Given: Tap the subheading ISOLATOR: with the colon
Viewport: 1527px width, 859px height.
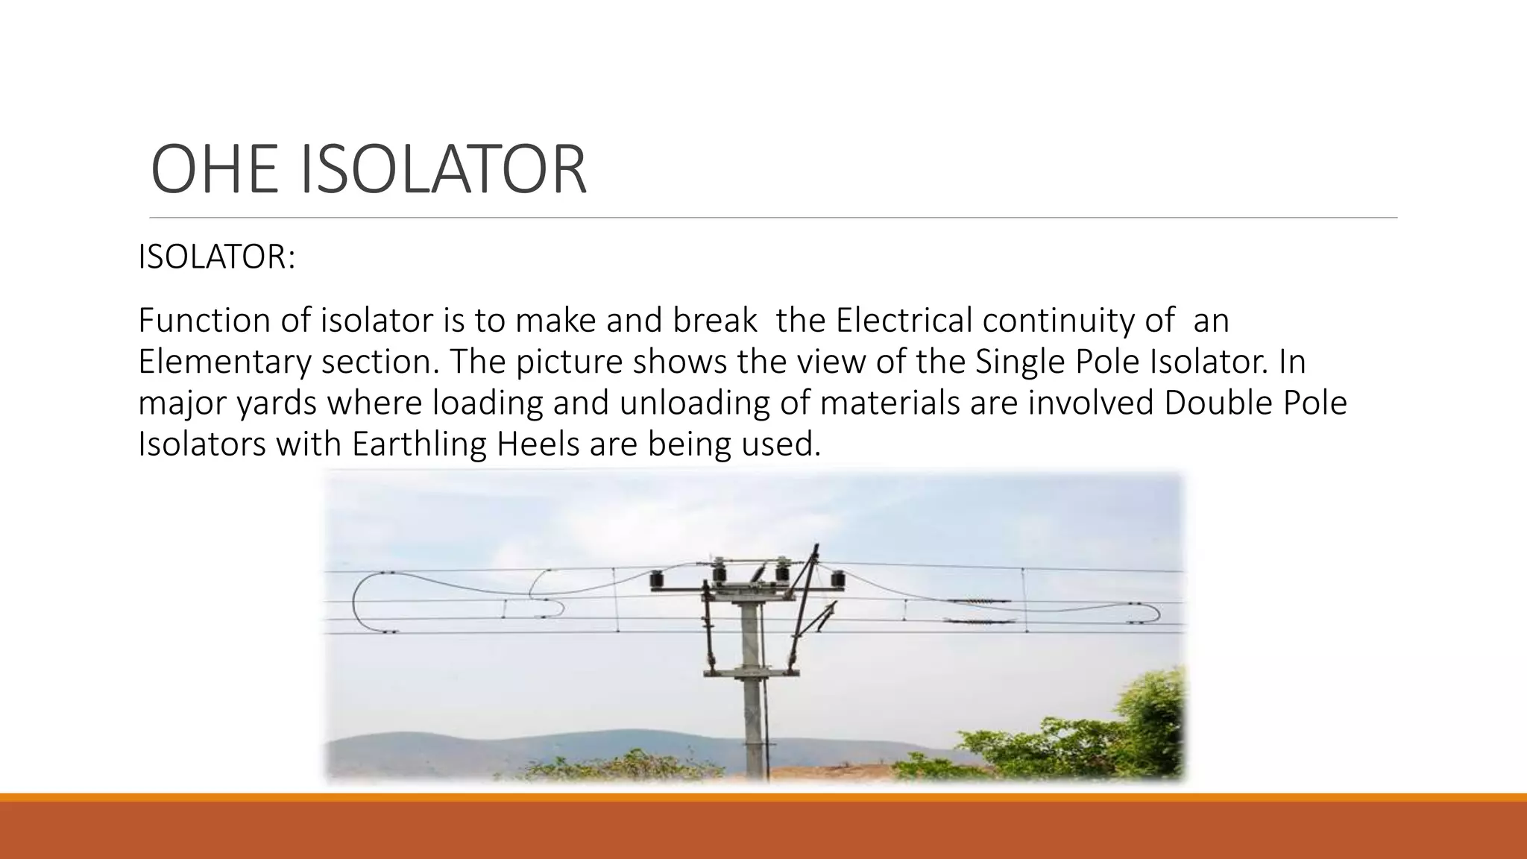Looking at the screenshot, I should (x=216, y=257).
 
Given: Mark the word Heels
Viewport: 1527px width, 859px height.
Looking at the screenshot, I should (x=538, y=444).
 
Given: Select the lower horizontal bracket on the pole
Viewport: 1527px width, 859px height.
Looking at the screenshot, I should (x=750, y=673).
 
